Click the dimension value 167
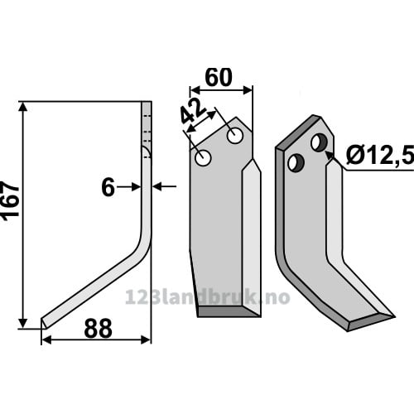click(x=11, y=200)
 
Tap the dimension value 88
click(x=99, y=329)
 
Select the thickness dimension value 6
click(x=108, y=187)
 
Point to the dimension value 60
click(x=219, y=78)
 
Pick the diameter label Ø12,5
click(x=380, y=156)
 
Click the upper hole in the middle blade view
click(x=235, y=136)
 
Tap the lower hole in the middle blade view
click(x=203, y=158)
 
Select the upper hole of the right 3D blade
click(x=320, y=142)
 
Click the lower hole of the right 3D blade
click(x=296, y=163)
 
